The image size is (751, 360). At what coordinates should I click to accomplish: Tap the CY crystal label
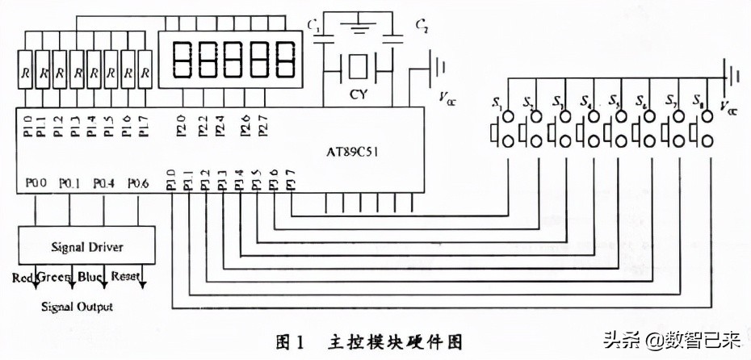coord(358,95)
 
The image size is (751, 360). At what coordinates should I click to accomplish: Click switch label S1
coord(497,102)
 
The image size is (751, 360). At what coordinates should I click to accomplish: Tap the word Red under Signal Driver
coord(22,278)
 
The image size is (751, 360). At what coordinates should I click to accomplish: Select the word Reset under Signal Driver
coord(126,277)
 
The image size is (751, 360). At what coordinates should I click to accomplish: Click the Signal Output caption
coord(77,307)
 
